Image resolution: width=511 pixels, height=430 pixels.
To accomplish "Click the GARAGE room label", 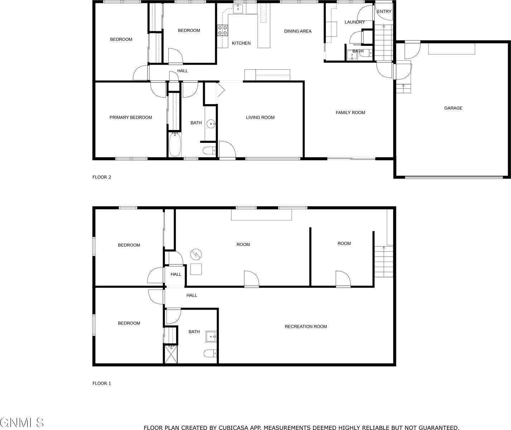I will pyautogui.click(x=453, y=108).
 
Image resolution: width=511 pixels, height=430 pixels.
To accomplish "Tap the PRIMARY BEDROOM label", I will pyautogui.click(x=131, y=118).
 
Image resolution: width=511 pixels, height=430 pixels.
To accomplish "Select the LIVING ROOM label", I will pyautogui.click(x=260, y=118).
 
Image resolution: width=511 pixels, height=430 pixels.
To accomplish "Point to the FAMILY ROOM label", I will pyautogui.click(x=350, y=113).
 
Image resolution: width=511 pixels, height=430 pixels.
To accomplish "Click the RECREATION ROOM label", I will pyautogui.click(x=306, y=326).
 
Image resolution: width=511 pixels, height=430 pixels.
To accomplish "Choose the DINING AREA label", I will pyautogui.click(x=298, y=31).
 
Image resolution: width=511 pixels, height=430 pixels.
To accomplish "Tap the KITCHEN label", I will pyautogui.click(x=241, y=43).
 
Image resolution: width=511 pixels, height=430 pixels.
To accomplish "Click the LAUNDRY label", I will pyautogui.click(x=355, y=22).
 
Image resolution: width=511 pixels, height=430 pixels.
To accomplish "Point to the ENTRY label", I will pyautogui.click(x=384, y=11).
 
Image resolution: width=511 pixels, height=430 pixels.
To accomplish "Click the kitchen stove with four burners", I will pyautogui.click(x=223, y=30).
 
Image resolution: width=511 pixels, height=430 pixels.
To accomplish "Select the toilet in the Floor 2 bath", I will pyautogui.click(x=209, y=150).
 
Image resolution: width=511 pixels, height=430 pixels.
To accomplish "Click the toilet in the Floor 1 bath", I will pyautogui.click(x=210, y=354).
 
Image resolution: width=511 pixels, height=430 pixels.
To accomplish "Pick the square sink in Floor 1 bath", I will pyautogui.click(x=211, y=337).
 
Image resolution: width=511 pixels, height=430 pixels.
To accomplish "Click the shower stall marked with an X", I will pyautogui.click(x=171, y=354).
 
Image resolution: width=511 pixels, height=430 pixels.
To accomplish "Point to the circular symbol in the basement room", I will pyautogui.click(x=196, y=254).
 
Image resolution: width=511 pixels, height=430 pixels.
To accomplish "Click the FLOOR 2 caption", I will pyautogui.click(x=102, y=177).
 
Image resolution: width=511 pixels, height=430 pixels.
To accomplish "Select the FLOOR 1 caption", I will pyautogui.click(x=102, y=383).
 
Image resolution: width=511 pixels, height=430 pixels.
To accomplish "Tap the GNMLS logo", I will pyautogui.click(x=22, y=422).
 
